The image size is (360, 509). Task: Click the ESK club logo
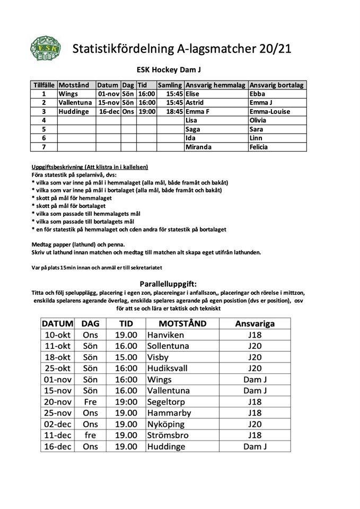(x=46, y=48)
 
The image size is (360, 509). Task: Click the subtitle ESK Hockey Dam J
(x=169, y=69)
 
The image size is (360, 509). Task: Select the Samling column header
(x=170, y=85)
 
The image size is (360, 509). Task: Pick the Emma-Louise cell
(x=269, y=112)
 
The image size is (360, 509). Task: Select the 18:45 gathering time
(x=175, y=112)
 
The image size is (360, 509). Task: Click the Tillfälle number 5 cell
(x=44, y=129)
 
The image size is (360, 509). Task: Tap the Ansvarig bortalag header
(x=276, y=85)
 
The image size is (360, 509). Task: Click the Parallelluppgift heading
(x=168, y=284)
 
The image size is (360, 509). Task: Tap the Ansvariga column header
(x=254, y=323)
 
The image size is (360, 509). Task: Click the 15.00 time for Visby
(x=126, y=357)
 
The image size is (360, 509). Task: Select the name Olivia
(x=259, y=120)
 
